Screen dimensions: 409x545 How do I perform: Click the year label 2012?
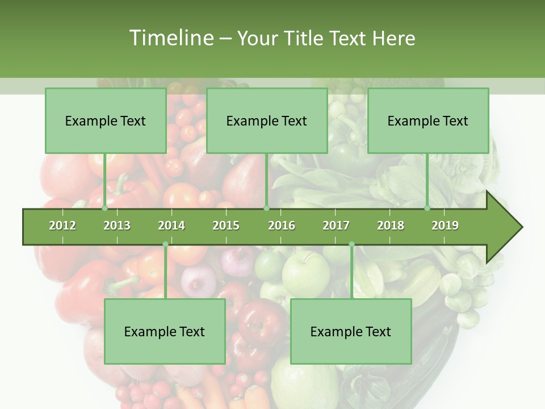pyautogui.click(x=62, y=226)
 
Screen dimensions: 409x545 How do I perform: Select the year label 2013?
pyautogui.click(x=117, y=226)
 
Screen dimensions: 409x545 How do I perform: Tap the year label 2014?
pyautogui.click(x=171, y=226)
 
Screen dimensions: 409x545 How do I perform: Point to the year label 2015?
pyautogui.click(x=226, y=226)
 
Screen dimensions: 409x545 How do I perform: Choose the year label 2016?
pyautogui.click(x=282, y=226)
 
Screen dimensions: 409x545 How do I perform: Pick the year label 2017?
pyautogui.click(x=336, y=226)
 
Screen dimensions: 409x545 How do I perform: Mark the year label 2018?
pyautogui.click(x=391, y=226)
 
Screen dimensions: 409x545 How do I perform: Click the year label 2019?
pyautogui.click(x=445, y=226)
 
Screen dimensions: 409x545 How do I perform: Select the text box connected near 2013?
pyautogui.click(x=106, y=120)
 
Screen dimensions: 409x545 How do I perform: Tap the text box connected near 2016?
pyautogui.click(x=267, y=120)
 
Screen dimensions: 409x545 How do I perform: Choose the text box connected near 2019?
pyautogui.click(x=428, y=120)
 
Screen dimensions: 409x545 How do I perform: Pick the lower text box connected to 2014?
pyautogui.click(x=165, y=331)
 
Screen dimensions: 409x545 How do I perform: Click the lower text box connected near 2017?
pyautogui.click(x=351, y=331)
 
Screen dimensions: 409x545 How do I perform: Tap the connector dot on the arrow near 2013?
pyautogui.click(x=105, y=208)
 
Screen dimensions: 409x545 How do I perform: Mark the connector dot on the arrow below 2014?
pyautogui.click(x=165, y=244)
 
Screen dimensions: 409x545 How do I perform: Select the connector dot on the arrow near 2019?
pyautogui.click(x=427, y=208)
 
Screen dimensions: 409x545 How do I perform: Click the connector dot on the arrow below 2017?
pyautogui.click(x=351, y=244)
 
